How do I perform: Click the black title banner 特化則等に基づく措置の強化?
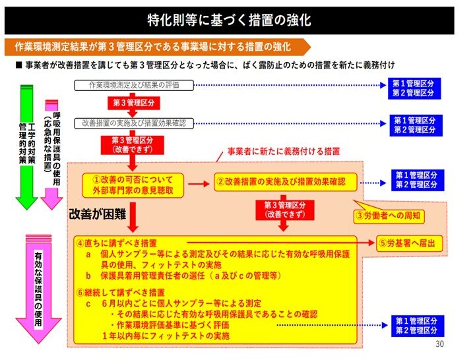[230, 20]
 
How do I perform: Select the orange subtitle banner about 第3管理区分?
[158, 47]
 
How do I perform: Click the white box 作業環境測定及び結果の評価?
[134, 85]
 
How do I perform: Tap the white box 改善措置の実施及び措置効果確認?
[134, 123]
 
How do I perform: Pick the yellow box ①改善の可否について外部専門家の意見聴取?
[133, 185]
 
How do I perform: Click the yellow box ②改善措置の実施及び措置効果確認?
[286, 182]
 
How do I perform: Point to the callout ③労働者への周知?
[389, 215]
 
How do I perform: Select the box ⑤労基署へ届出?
[410, 243]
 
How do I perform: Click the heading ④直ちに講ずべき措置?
[117, 243]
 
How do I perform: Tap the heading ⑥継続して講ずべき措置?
[121, 293]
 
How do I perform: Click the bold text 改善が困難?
[97, 214]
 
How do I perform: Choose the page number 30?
[439, 344]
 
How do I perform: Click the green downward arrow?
[26, 147]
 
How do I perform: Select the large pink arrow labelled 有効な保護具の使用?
[38, 289]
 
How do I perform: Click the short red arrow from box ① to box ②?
[199, 183]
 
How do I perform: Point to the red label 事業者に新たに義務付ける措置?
[284, 151]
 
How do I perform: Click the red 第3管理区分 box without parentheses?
[133, 103]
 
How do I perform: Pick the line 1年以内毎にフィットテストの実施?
[166, 336]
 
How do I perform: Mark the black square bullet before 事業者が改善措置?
[18, 65]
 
